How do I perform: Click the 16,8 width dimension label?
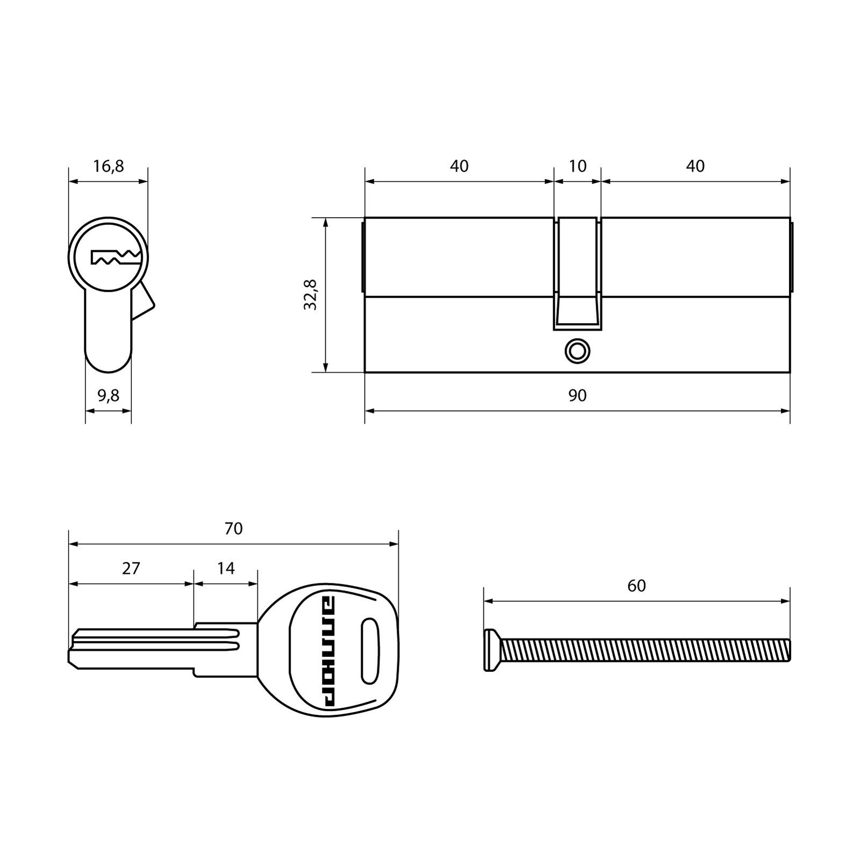coord(109,167)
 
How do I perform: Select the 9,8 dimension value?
coord(109,396)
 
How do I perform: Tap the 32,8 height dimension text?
coord(311,295)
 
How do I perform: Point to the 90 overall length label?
coord(577,396)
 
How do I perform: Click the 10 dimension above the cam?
coord(577,167)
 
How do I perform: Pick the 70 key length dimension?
coord(234,529)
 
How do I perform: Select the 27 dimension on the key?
coord(131,568)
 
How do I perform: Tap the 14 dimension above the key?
coord(226,568)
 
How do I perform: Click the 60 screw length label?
coord(636,586)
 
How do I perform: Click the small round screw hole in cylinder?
coord(578,351)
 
